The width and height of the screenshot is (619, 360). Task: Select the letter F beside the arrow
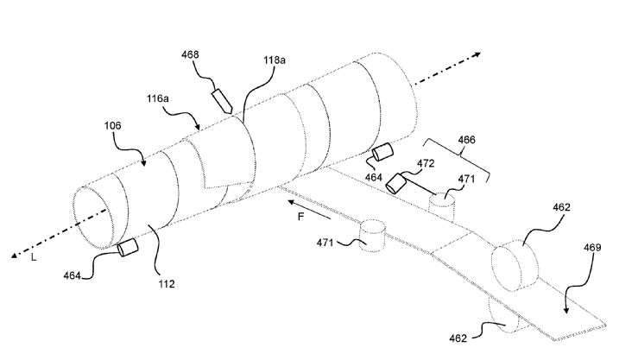pos(300,218)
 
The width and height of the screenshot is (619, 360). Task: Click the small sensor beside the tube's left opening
pos(129,249)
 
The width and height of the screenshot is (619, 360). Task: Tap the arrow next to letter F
pos(303,204)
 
